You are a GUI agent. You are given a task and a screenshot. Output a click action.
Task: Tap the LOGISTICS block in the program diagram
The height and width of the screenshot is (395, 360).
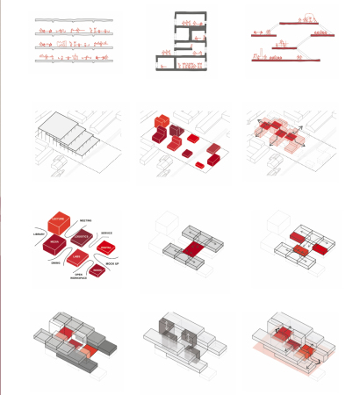click(82, 239)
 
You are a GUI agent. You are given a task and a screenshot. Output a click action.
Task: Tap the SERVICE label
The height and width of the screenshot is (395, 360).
click(106, 233)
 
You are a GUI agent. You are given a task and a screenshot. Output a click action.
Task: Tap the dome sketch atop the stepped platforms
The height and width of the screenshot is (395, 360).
click(307, 18)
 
